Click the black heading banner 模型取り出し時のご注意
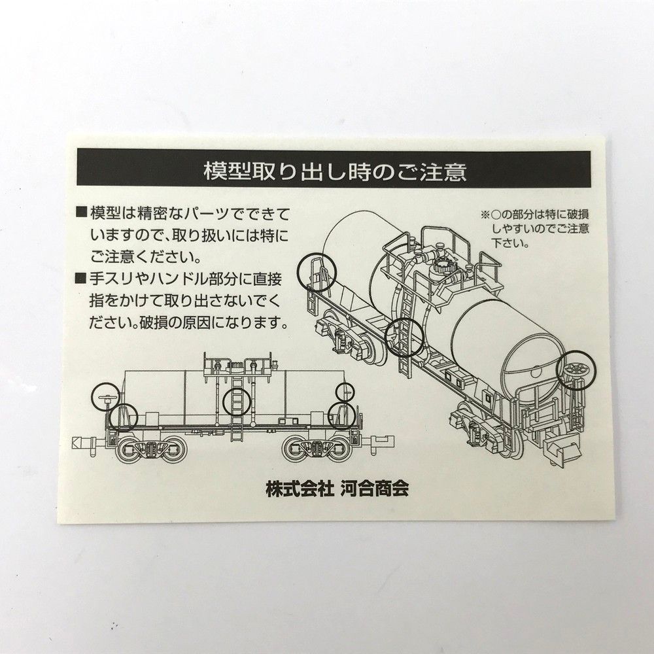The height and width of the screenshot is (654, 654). point(334,171)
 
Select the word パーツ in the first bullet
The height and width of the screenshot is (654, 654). point(207,214)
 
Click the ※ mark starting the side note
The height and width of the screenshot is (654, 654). point(485,215)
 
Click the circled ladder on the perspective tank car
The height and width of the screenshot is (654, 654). point(402,337)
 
